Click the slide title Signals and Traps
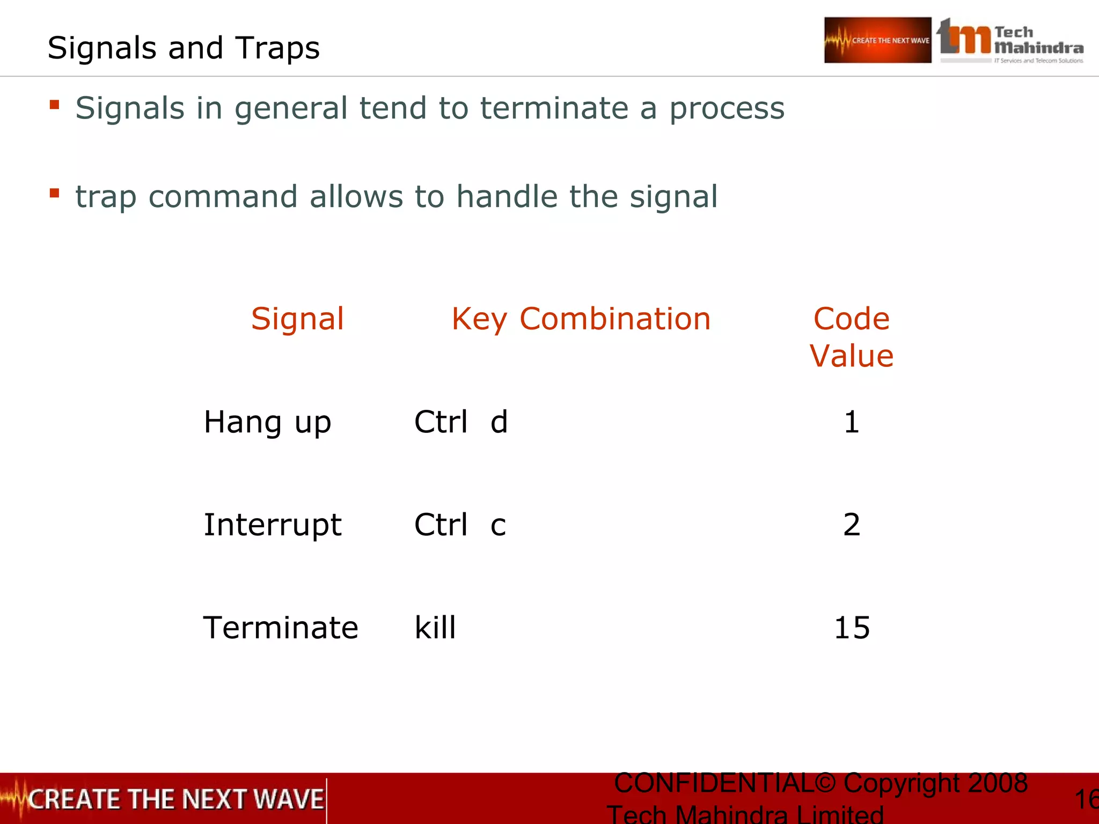184,48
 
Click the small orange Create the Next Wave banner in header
877,40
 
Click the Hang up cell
267,422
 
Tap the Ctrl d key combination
461,422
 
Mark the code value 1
852,422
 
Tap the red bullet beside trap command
54,193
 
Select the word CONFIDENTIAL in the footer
714,783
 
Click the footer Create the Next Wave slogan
175,799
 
